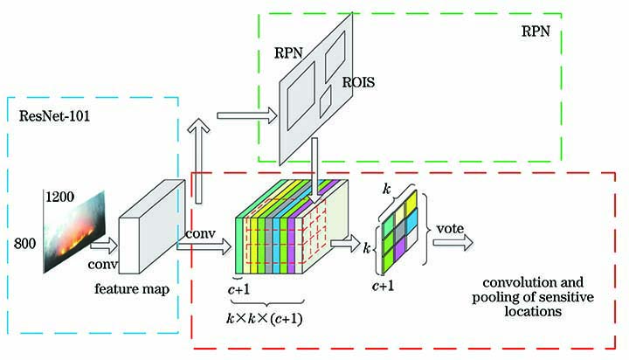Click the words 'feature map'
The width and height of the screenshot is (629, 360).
coord(132,287)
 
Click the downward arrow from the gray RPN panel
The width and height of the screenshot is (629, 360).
coord(313,161)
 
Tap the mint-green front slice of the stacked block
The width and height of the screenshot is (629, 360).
coord(240,245)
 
